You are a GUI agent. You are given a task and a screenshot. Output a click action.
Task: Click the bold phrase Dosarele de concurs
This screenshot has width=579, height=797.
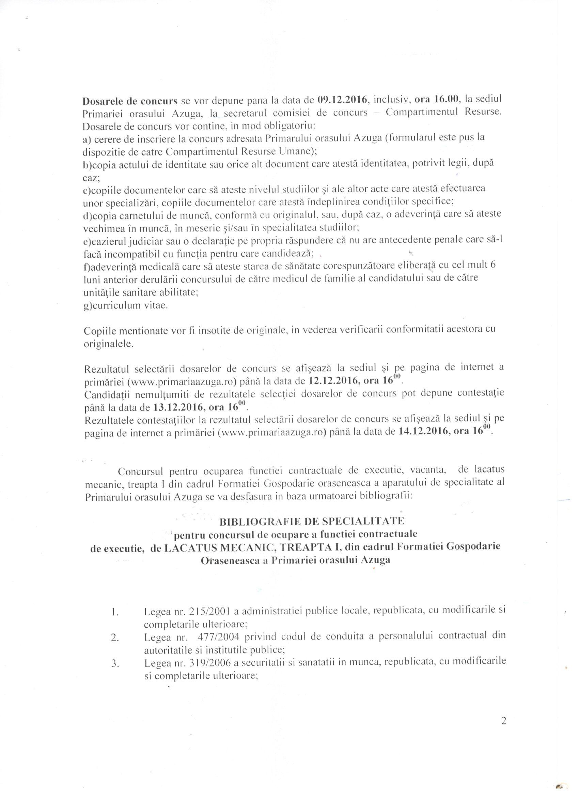pos(129,101)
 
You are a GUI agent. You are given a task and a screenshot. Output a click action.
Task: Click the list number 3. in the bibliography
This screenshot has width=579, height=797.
pos(115,662)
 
